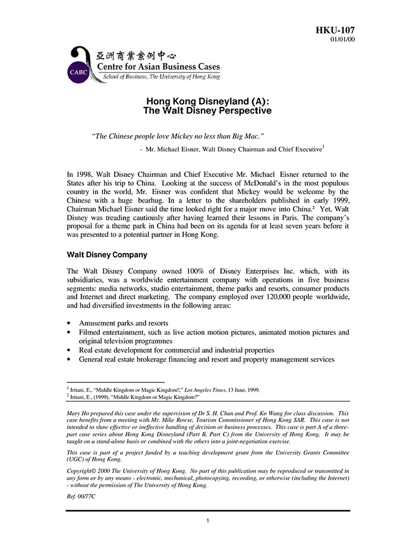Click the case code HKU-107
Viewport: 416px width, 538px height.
click(336, 30)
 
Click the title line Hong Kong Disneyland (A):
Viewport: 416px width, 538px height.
click(207, 101)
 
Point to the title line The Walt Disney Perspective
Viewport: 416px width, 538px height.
click(207, 110)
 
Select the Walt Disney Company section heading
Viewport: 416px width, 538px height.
click(107, 255)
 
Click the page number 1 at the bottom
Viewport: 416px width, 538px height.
click(207, 521)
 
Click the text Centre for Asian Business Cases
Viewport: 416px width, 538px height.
click(158, 67)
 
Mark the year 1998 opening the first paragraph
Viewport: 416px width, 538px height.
click(84, 175)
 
